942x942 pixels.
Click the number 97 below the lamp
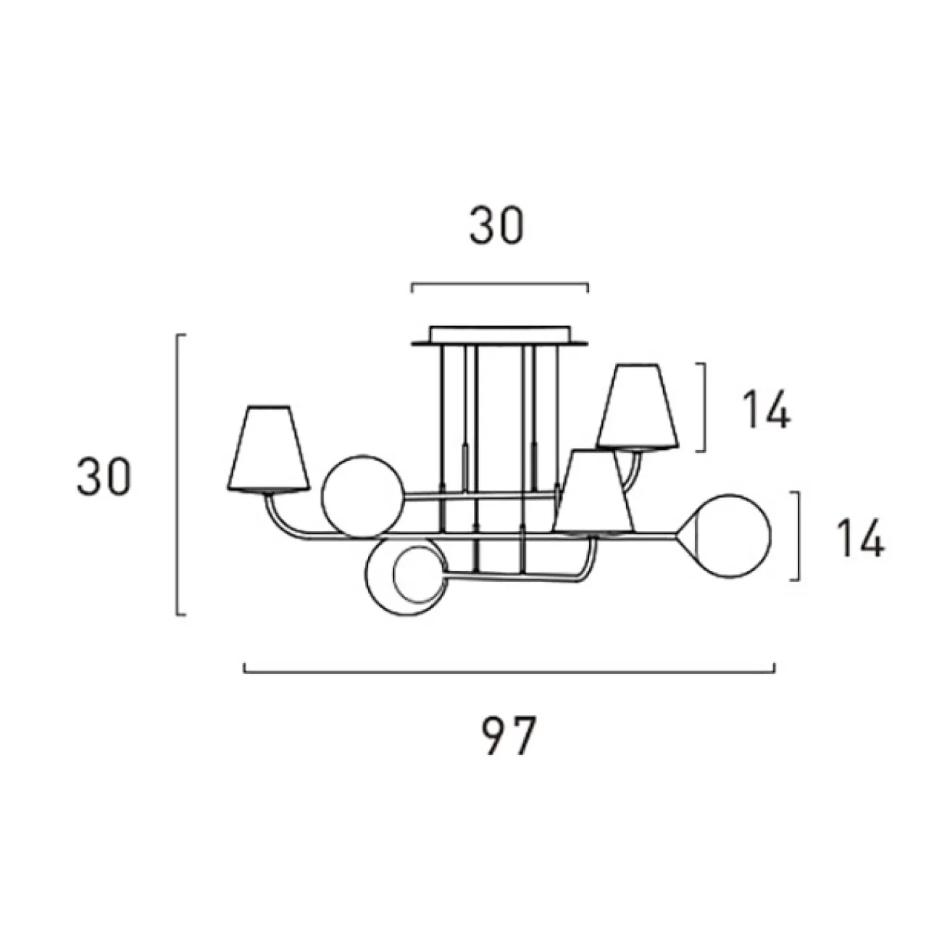click(x=509, y=735)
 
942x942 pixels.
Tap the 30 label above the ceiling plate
click(x=496, y=225)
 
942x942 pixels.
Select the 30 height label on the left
click(x=104, y=477)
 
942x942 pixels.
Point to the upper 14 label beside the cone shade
click(x=766, y=409)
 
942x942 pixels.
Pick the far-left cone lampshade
click(x=268, y=448)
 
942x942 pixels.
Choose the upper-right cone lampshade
click(x=638, y=407)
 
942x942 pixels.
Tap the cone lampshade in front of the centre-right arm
click(x=593, y=492)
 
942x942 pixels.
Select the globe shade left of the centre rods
click(x=363, y=496)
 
